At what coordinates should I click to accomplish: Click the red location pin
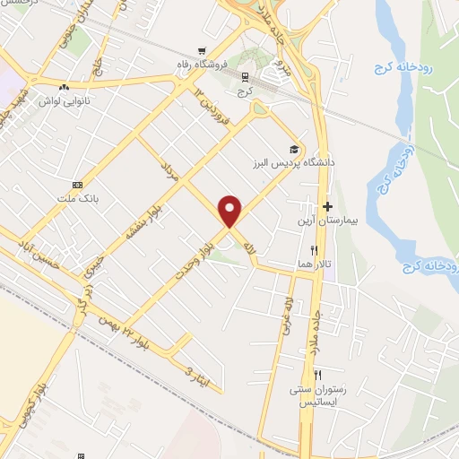coord(231,211)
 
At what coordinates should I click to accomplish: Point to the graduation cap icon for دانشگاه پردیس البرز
coord(293,149)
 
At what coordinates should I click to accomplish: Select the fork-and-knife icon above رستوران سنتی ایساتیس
coord(317,374)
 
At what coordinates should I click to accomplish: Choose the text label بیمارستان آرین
coord(330,220)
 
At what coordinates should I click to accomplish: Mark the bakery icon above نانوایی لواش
coord(65,87)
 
